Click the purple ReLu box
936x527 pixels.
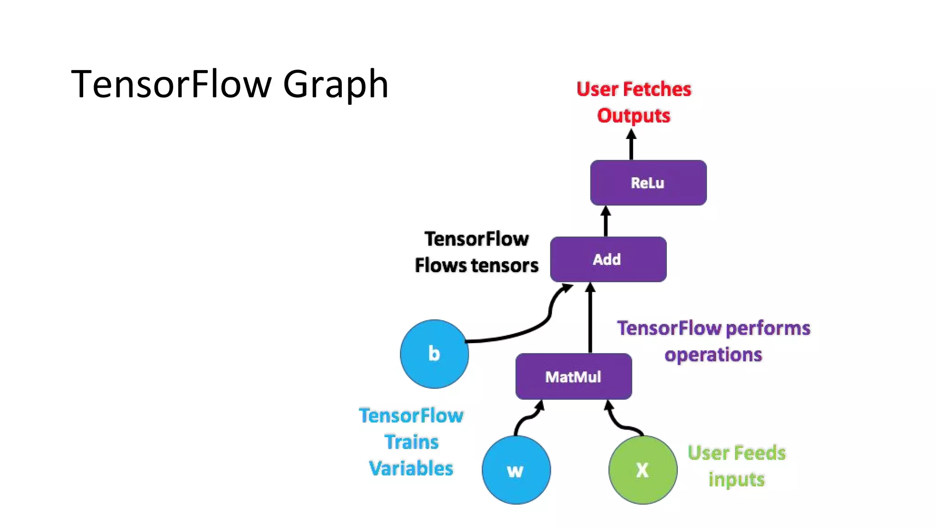[x=648, y=183]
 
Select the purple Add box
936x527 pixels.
[x=608, y=259]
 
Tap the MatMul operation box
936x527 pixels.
[x=574, y=376]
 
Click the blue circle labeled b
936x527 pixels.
[x=434, y=354]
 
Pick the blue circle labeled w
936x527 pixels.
[x=516, y=470]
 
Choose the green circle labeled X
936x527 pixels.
[x=643, y=470]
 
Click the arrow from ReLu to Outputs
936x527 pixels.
[x=631, y=145]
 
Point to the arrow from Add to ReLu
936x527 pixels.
[x=606, y=222]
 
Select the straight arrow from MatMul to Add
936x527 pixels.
[x=590, y=320]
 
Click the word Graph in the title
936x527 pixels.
[x=335, y=85]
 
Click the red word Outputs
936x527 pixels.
[x=633, y=115]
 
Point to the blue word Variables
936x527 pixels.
[x=411, y=468]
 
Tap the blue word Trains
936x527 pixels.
[x=411, y=442]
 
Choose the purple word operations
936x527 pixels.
[x=713, y=355]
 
